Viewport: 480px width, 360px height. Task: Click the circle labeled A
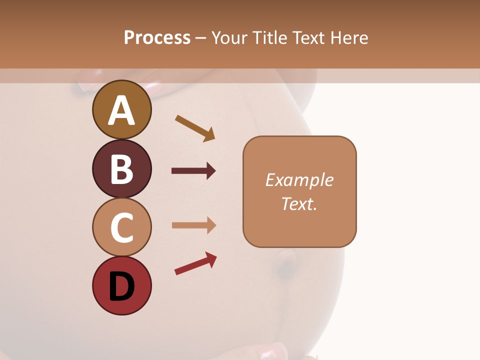121,109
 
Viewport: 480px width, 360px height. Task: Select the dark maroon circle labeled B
121,168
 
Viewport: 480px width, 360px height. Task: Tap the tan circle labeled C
121,227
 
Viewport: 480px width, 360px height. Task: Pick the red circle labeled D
121,285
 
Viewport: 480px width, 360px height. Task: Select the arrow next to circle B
193,171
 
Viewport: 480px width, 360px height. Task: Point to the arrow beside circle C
193,225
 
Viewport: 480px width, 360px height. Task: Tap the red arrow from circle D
195,263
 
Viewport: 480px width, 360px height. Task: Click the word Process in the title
157,37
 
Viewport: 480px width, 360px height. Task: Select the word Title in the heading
269,37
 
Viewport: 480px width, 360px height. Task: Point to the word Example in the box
299,180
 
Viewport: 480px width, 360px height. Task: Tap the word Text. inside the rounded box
299,203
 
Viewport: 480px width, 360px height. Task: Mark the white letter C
121,228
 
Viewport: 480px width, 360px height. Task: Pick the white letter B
121,169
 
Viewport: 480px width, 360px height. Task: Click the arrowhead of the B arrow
210,171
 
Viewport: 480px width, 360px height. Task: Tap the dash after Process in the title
201,38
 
